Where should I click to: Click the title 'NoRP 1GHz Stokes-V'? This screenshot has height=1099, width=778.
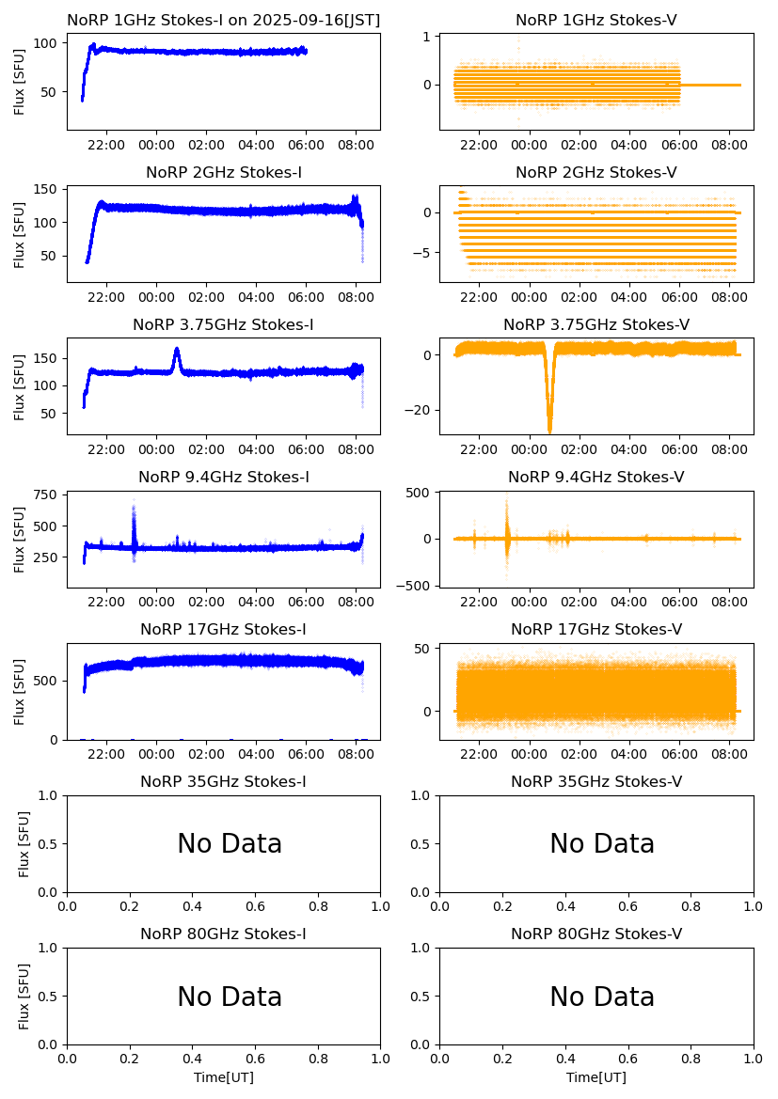pyautogui.click(x=596, y=21)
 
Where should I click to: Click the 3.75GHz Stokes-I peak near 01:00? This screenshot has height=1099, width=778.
pyautogui.click(x=177, y=352)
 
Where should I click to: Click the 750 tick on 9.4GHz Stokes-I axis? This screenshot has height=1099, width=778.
pyautogui.click(x=45, y=495)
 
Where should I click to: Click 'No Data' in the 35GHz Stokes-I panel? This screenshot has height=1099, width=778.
pyautogui.click(x=230, y=844)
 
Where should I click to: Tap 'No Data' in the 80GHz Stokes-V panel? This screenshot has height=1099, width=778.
pyautogui.click(x=602, y=997)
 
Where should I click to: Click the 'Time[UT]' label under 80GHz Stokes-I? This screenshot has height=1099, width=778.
pyautogui.click(x=224, y=1077)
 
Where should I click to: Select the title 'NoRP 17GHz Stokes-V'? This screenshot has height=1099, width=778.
pyautogui.click(x=596, y=630)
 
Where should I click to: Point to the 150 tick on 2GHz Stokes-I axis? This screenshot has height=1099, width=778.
pyautogui.click(x=45, y=190)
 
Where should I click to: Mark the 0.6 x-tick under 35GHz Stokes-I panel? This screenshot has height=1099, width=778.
pyautogui.click(x=255, y=907)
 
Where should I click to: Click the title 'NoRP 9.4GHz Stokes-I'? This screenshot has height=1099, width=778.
pyautogui.click(x=224, y=478)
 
